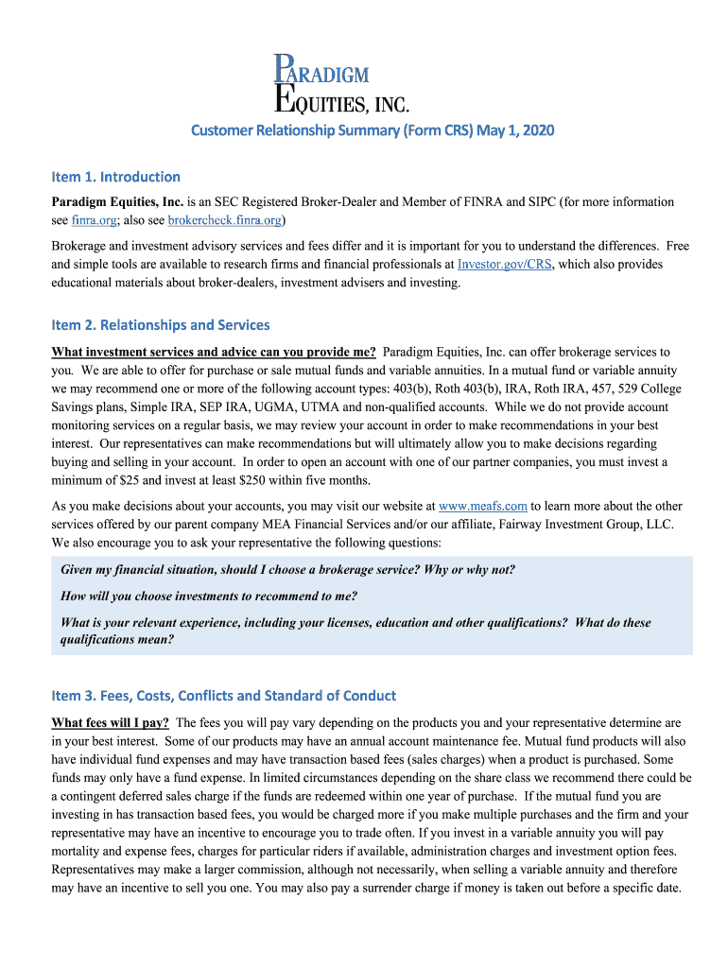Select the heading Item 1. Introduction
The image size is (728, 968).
pyautogui.click(x=115, y=177)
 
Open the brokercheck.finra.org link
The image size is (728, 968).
pyautogui.click(x=224, y=220)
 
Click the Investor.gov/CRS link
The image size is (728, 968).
pyautogui.click(x=504, y=265)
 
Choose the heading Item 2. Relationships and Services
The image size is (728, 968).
pyautogui.click(x=161, y=325)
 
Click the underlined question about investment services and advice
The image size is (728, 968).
pyautogui.click(x=213, y=352)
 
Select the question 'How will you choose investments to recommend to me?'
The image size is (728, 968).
pyautogui.click(x=209, y=596)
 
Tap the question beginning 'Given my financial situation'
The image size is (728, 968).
pyautogui.click(x=287, y=570)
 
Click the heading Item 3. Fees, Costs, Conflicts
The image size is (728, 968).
pyautogui.click(x=223, y=696)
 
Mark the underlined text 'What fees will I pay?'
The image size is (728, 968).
pyautogui.click(x=110, y=722)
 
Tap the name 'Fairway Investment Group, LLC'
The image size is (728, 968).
pyautogui.click(x=571, y=525)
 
